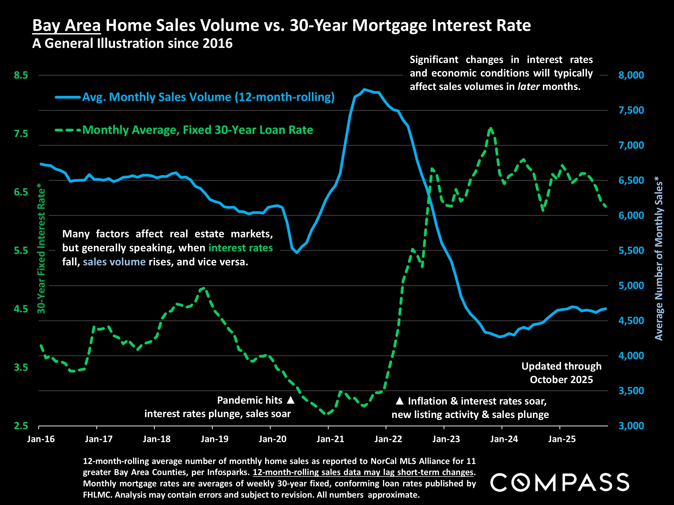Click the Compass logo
[559, 482]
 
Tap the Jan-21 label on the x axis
[330, 439]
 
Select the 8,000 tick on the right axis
[631, 75]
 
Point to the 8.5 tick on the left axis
[21, 75]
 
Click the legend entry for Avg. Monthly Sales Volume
[208, 97]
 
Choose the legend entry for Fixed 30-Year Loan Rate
[197, 130]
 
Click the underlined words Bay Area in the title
[66, 25]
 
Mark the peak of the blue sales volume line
[364, 89]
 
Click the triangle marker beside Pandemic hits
[291, 400]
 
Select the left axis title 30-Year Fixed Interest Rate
[42, 248]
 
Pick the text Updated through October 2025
[561, 373]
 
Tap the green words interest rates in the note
[240, 248]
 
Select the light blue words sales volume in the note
[114, 262]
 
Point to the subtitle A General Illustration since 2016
[132, 44]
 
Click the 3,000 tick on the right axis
[631, 426]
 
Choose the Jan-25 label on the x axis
[562, 439]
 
